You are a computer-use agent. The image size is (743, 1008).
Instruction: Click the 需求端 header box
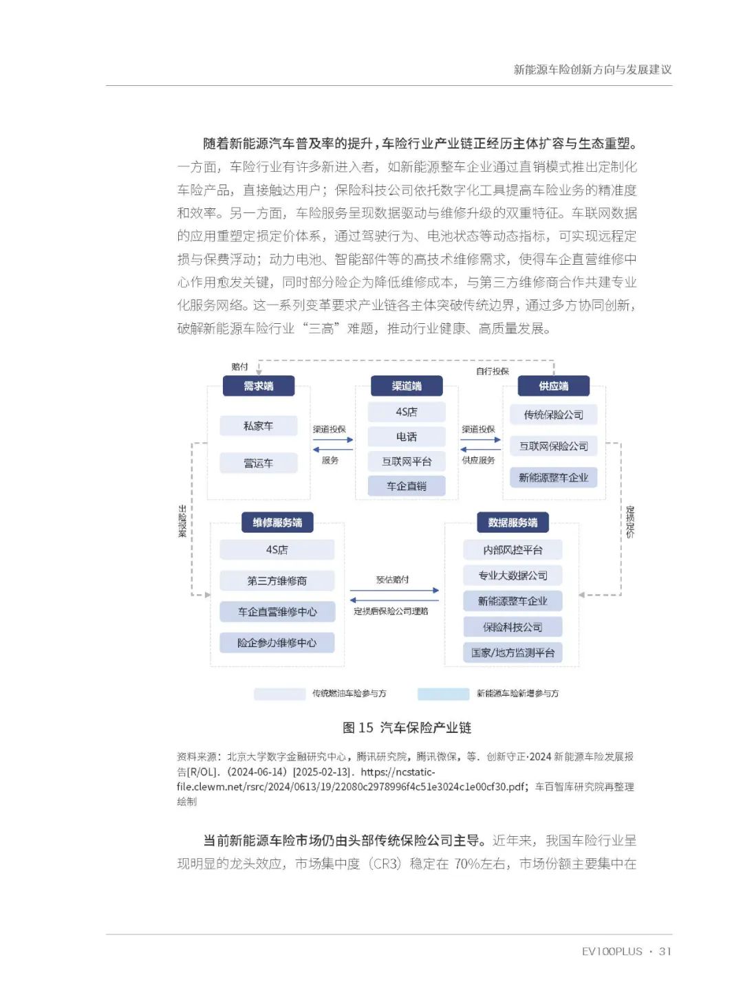pos(259,386)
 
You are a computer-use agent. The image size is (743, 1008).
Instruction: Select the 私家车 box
pos(259,426)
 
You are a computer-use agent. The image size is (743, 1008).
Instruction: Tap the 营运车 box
pos(259,463)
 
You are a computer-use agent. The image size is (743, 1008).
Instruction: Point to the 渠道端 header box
pos(407,386)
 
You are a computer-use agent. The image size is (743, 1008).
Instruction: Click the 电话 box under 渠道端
pos(407,437)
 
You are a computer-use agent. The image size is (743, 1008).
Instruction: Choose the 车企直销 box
pos(407,486)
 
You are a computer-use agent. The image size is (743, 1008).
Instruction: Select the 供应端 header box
pos(554,386)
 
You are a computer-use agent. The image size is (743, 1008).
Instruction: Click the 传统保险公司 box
pos(554,415)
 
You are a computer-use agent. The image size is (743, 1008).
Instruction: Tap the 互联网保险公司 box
pos(554,446)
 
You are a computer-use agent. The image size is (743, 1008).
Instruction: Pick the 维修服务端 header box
pos(277,523)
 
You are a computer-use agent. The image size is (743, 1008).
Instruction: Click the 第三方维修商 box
pos(277,581)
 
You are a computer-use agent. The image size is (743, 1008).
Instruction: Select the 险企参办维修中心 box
pos(277,643)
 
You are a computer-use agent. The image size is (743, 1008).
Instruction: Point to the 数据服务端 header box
pos(513,523)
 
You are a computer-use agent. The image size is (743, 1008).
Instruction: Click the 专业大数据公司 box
pos(513,576)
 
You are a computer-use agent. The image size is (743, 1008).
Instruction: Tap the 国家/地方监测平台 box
pos(513,653)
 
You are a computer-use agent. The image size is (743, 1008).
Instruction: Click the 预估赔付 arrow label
pos(393,580)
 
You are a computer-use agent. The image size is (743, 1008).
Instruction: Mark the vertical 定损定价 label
pos(630,522)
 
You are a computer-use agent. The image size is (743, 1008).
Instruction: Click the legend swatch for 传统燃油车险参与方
pos(279,694)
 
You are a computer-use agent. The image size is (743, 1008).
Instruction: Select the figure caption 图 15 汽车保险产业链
pos(407,727)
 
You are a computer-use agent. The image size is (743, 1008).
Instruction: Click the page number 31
pos(665,952)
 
